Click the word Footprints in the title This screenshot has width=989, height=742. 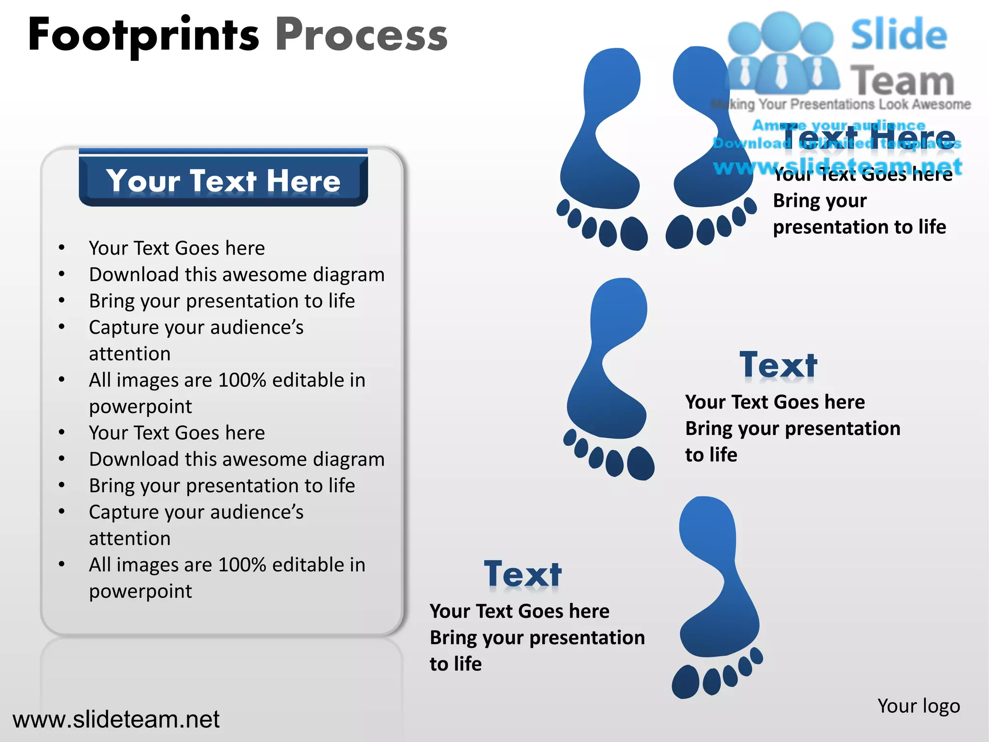tap(143, 35)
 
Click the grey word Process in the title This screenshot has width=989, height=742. tap(361, 35)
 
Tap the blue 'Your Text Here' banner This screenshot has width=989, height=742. tap(223, 181)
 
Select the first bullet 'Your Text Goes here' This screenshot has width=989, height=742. tap(177, 248)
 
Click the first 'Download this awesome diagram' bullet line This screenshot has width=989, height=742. tap(237, 274)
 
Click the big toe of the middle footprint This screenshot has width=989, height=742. tap(641, 463)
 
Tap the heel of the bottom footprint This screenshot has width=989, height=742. tap(708, 522)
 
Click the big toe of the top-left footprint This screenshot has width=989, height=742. tap(634, 233)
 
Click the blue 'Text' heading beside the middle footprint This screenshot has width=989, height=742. tap(778, 365)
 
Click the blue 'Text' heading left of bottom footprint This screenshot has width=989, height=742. tap(523, 574)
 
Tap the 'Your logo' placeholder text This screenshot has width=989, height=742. tap(918, 706)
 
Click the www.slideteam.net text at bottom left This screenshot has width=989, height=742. tap(116, 719)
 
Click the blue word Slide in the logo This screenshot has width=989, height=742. tap(899, 35)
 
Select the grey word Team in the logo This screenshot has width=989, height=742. tap(902, 81)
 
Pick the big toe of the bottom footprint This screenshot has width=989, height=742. tap(685, 682)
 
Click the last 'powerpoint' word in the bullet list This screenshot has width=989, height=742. tap(141, 591)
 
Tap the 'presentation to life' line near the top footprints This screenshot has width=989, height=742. tap(859, 227)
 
